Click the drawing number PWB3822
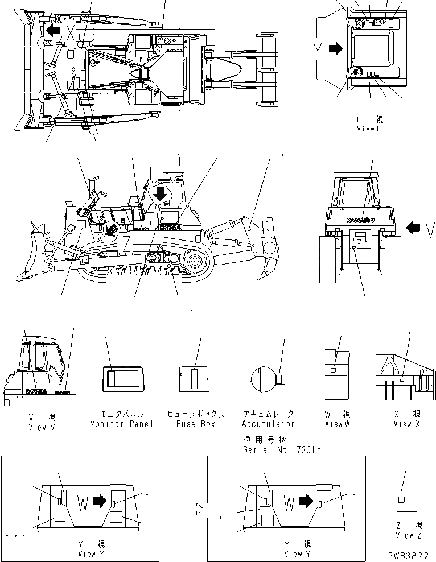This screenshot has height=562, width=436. point(409,556)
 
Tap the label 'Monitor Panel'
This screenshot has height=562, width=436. point(121,424)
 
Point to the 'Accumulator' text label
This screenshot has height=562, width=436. point(268,424)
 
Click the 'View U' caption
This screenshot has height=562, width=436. point(369,129)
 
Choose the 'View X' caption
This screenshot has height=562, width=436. point(406,424)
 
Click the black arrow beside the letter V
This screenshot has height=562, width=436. point(413,228)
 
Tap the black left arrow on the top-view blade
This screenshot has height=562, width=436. point(54,30)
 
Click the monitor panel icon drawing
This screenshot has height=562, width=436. point(121,378)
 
